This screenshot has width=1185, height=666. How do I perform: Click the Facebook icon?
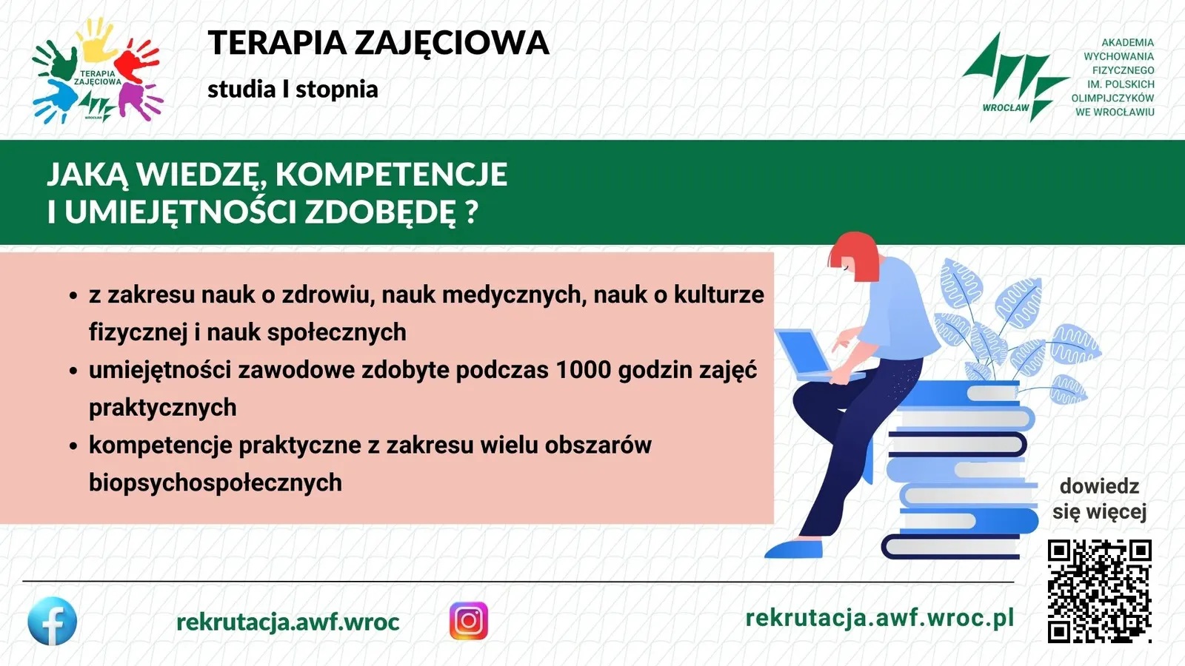coord(53,621)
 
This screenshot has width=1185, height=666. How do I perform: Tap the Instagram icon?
coord(469,621)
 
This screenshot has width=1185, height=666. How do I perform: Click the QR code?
coord(1099,591)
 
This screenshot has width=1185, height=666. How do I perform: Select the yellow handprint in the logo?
coord(98,40)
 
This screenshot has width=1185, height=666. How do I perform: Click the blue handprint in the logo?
coord(55,101)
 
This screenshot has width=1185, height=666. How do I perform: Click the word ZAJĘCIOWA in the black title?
coord(452,44)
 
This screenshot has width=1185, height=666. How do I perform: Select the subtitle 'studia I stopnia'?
coord(293,90)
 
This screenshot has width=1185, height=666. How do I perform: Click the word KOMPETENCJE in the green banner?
coord(392,174)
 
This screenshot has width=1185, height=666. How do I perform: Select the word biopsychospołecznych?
coord(216,482)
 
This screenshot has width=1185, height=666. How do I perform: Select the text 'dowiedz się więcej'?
coord(1099,499)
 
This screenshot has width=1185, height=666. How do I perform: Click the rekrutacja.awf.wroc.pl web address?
coord(879,618)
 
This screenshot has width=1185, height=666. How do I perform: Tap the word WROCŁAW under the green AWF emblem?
coord(1006,108)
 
